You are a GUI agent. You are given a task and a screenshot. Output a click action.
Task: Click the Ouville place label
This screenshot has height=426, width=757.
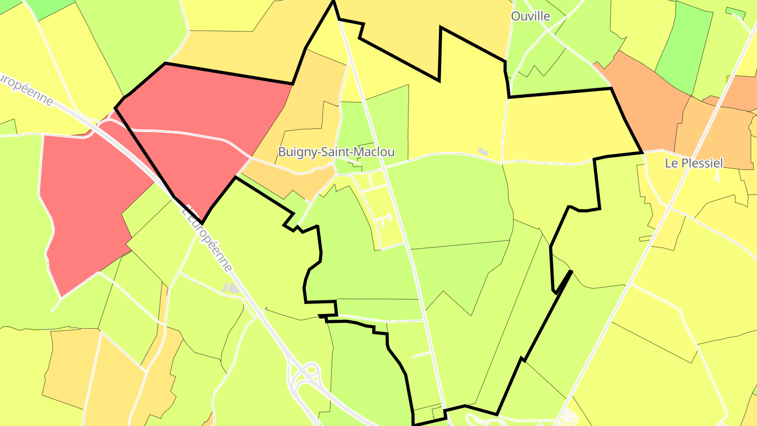[x=530, y=16]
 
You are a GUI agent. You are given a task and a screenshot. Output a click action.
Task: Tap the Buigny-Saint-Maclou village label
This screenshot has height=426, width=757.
[x=336, y=152]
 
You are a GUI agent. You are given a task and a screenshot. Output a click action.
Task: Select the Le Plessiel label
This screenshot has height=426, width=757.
[x=693, y=163]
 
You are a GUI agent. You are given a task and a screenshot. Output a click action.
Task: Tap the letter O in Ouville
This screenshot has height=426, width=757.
[x=516, y=16]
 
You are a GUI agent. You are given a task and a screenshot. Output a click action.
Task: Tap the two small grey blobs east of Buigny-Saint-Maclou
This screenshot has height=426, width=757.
[x=483, y=151]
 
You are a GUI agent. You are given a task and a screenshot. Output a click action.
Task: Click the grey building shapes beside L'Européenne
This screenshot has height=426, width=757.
[x=231, y=288]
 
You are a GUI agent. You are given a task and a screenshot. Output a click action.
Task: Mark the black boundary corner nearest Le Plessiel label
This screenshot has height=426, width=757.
[x=642, y=153]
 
